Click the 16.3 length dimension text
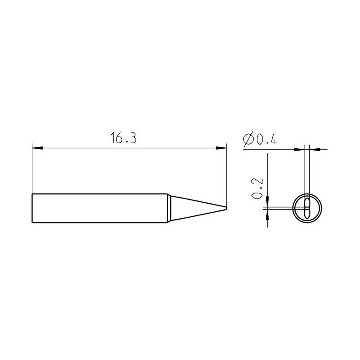pyautogui.click(x=123, y=138)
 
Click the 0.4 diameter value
pyautogui.click(x=267, y=140)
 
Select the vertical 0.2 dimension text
pyautogui.click(x=257, y=188)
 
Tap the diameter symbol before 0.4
pyautogui.click(x=248, y=139)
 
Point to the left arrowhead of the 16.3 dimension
pyautogui.click(x=37, y=148)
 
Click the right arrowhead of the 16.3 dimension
pyautogui.click(x=221, y=148)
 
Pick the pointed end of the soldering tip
pyautogui.click(x=226, y=208)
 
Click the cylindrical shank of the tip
pyautogui.click(x=100, y=208)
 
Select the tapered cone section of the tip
pyautogui.click(x=198, y=208)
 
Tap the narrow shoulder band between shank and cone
pyautogui.click(x=169, y=208)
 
